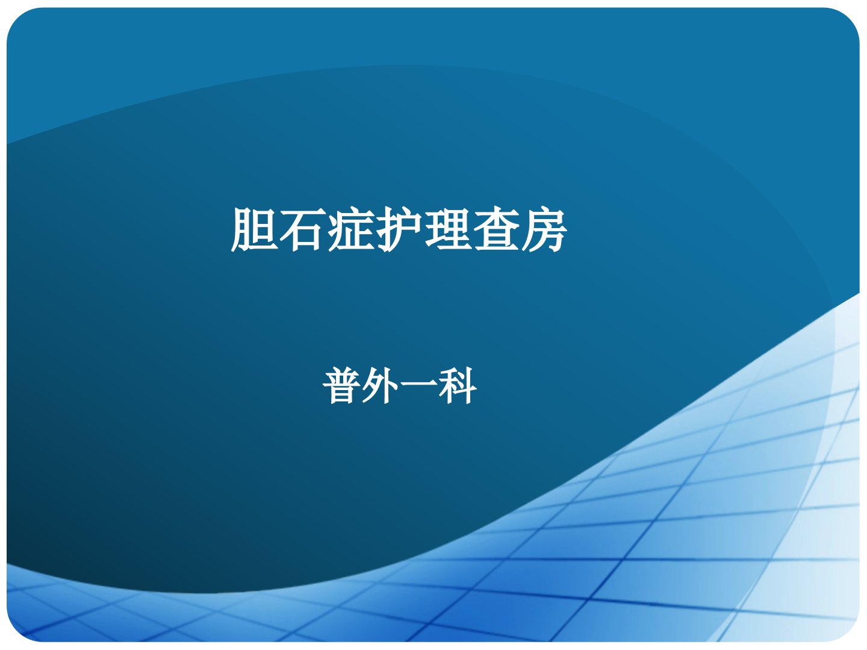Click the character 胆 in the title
253,229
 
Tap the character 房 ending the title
544,229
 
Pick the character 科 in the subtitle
458,386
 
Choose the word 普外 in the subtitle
361,386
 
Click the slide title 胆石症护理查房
399,229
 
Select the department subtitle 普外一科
400,386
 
